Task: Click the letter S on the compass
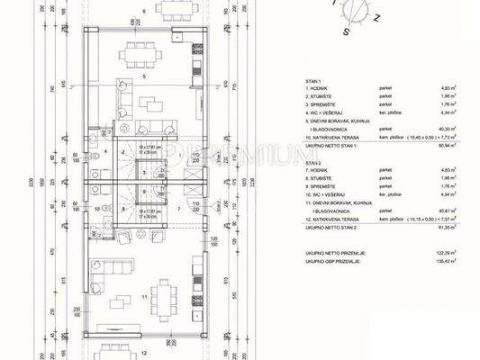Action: coord(345,30)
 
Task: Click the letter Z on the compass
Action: coord(376,17)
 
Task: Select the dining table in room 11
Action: coord(165,294)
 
